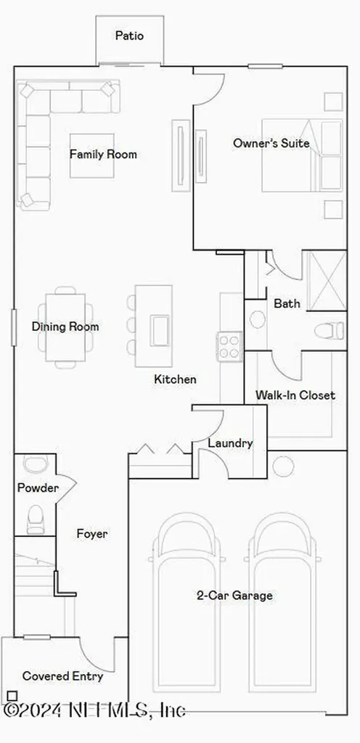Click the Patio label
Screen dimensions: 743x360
pyautogui.click(x=130, y=36)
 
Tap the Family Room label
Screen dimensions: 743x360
pyautogui.click(x=103, y=154)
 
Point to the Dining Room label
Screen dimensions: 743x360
pyautogui.click(x=65, y=327)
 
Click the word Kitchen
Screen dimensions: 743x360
pyautogui.click(x=175, y=379)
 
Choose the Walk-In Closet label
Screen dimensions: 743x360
pyautogui.click(x=295, y=395)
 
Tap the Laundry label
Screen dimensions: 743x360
pyautogui.click(x=230, y=443)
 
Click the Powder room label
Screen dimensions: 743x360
pyautogui.click(x=38, y=488)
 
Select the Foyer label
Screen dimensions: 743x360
pyautogui.click(x=92, y=534)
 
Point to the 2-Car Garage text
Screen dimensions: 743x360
pyautogui.click(x=224, y=596)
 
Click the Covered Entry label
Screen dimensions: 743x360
pyautogui.click(x=62, y=676)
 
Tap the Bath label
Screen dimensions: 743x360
pyautogui.click(x=287, y=304)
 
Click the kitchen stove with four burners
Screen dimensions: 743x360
pyautogui.click(x=229, y=345)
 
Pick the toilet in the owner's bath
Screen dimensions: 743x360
pyautogui.click(x=330, y=331)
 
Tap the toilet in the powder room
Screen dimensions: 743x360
pyautogui.click(x=34, y=517)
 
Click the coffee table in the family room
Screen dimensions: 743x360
pyautogui.click(x=92, y=155)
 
